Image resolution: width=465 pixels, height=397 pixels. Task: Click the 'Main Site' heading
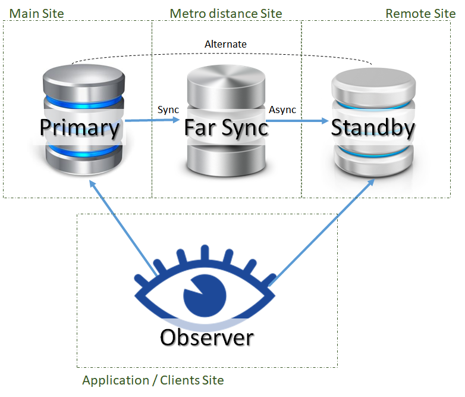36,13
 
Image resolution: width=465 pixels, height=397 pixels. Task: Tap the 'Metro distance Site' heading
226,13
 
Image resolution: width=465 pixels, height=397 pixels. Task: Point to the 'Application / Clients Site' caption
153,380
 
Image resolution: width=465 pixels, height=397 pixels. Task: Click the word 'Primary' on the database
80,127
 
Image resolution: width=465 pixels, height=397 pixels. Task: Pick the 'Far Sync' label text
226,127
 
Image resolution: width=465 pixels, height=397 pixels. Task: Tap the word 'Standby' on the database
373,127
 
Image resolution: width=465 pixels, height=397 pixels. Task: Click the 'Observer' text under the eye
206,337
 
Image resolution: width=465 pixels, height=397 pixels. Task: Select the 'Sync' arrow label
168,110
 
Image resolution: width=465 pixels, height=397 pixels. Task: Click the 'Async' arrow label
282,110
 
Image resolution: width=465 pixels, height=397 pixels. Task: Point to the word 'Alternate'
225,44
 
